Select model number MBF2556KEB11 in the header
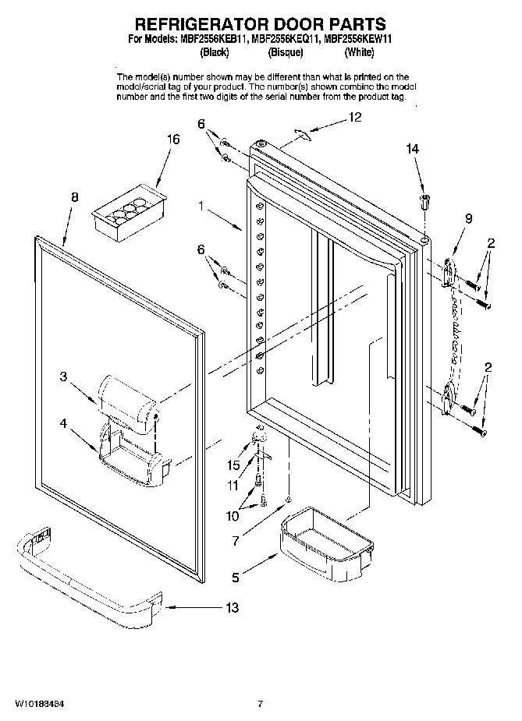click(x=210, y=40)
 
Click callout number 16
click(x=173, y=140)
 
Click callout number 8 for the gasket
click(x=74, y=198)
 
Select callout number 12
click(x=355, y=118)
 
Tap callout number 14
click(x=413, y=148)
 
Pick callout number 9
click(x=469, y=219)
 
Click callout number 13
click(x=233, y=607)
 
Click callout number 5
click(x=236, y=578)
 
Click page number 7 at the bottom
click(x=260, y=704)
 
